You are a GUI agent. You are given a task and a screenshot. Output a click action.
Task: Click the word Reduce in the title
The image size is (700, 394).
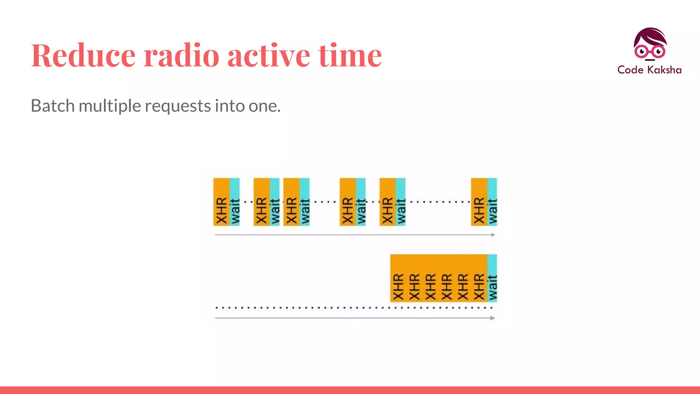(83, 55)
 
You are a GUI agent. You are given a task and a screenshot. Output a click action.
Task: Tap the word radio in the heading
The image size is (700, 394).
(181, 55)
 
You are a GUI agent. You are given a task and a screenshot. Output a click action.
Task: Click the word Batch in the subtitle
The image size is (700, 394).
(53, 106)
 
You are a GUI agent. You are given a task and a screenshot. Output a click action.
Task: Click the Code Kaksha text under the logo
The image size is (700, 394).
(649, 70)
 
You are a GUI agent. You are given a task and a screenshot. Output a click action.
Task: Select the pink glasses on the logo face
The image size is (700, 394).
(649, 52)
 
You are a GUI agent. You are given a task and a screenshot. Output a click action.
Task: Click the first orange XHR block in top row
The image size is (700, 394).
(221, 202)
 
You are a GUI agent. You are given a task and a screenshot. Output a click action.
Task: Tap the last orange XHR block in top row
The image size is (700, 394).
(479, 202)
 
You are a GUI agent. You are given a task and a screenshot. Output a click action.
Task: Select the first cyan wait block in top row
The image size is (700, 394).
(235, 202)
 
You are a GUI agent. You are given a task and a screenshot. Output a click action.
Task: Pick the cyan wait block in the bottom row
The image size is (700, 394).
(492, 278)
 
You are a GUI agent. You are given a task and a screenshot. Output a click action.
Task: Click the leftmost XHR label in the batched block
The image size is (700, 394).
(398, 287)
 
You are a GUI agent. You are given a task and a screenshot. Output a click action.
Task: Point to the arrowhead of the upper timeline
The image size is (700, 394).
(493, 235)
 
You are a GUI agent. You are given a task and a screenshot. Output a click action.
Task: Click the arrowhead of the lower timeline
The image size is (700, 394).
(493, 318)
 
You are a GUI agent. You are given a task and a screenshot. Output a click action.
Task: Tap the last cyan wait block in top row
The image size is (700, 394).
(492, 202)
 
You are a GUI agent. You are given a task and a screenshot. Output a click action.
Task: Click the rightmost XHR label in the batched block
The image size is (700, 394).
(479, 287)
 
